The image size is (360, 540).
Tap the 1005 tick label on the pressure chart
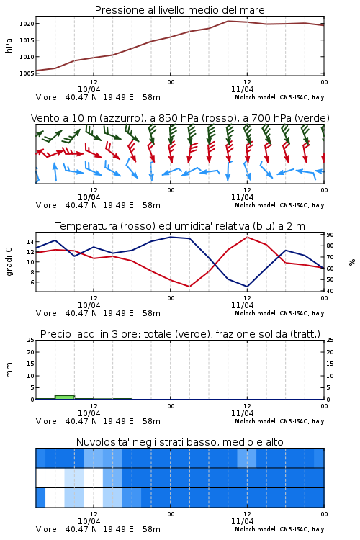click(27, 73)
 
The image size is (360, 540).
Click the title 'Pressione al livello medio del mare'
click(180, 10)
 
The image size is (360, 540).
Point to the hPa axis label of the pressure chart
click(9, 45)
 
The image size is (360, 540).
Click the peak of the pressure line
click(228, 21)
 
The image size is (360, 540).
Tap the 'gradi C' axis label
click(9, 262)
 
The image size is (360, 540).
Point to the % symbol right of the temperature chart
click(352, 262)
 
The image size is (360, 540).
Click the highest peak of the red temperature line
click(248, 237)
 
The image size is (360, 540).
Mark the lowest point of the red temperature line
click(189, 287)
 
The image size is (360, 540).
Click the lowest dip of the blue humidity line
click(247, 287)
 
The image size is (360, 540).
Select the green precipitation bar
click(65, 397)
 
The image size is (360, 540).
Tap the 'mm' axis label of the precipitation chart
click(9, 370)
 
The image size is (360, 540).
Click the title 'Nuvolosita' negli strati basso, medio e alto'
click(180, 442)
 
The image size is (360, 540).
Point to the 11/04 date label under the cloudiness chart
click(242, 521)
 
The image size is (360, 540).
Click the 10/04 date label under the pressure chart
click(89, 89)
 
